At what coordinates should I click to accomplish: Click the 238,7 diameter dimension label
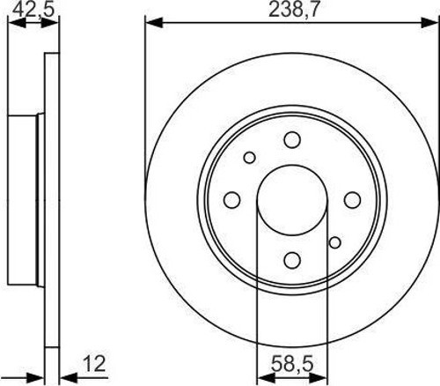coord(293,10)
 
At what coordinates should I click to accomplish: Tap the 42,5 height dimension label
coord(33,10)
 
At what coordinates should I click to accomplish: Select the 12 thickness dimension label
coord(94,364)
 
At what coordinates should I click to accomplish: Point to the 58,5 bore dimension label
coord(292,364)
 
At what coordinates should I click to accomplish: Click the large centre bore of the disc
coord(292,200)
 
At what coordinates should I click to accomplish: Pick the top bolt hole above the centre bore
coord(292,140)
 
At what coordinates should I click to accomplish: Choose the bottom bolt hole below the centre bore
coord(292,260)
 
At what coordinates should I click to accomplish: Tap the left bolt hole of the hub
coord(232,200)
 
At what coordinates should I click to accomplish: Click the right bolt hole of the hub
coord(352,200)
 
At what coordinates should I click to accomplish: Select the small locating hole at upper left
coord(250,158)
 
